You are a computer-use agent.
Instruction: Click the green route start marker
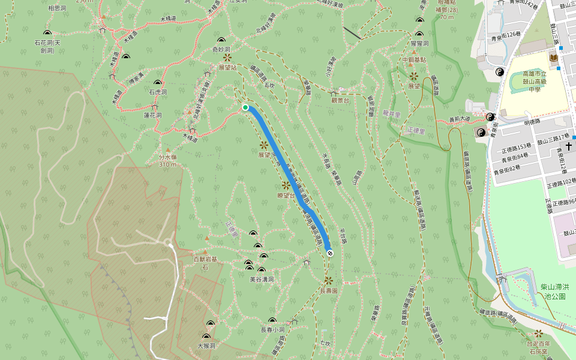[245, 107]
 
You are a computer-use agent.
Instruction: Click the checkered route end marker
[329, 253]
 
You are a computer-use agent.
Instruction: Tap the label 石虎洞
[158, 92]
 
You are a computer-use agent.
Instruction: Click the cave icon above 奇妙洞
[221, 40]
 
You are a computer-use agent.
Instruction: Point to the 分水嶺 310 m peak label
[167, 160]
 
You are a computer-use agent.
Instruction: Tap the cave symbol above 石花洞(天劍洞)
[47, 32]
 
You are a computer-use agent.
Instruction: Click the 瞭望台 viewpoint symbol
[286, 185]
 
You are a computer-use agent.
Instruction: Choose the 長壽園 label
[329, 290]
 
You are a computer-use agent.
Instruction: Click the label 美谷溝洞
[262, 279]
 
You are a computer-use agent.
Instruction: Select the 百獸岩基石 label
[205, 263]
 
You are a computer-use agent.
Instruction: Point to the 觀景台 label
[339, 101]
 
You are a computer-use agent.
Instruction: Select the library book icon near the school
[553, 58]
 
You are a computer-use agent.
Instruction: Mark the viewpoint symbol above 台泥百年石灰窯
[538, 333]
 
